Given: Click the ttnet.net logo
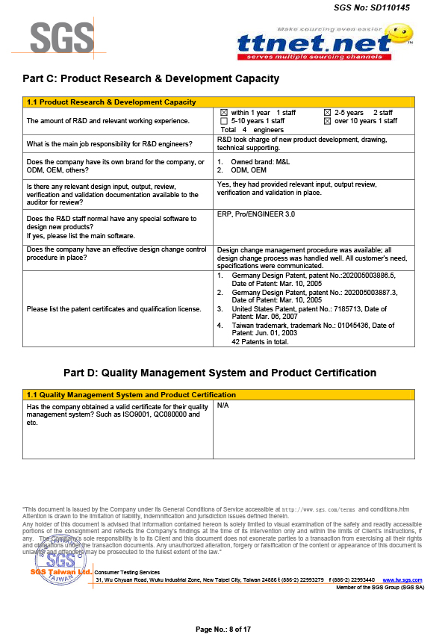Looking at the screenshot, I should (314, 46).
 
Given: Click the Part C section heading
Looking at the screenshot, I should (151, 78).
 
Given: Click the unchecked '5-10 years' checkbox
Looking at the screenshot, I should (223, 121).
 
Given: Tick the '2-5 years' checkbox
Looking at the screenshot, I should (326, 113).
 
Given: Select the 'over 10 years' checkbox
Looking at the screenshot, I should (326, 121).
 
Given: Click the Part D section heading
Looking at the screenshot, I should (220, 373).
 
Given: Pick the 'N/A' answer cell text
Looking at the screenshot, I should (223, 405).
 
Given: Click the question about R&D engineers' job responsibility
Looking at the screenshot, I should (110, 143).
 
